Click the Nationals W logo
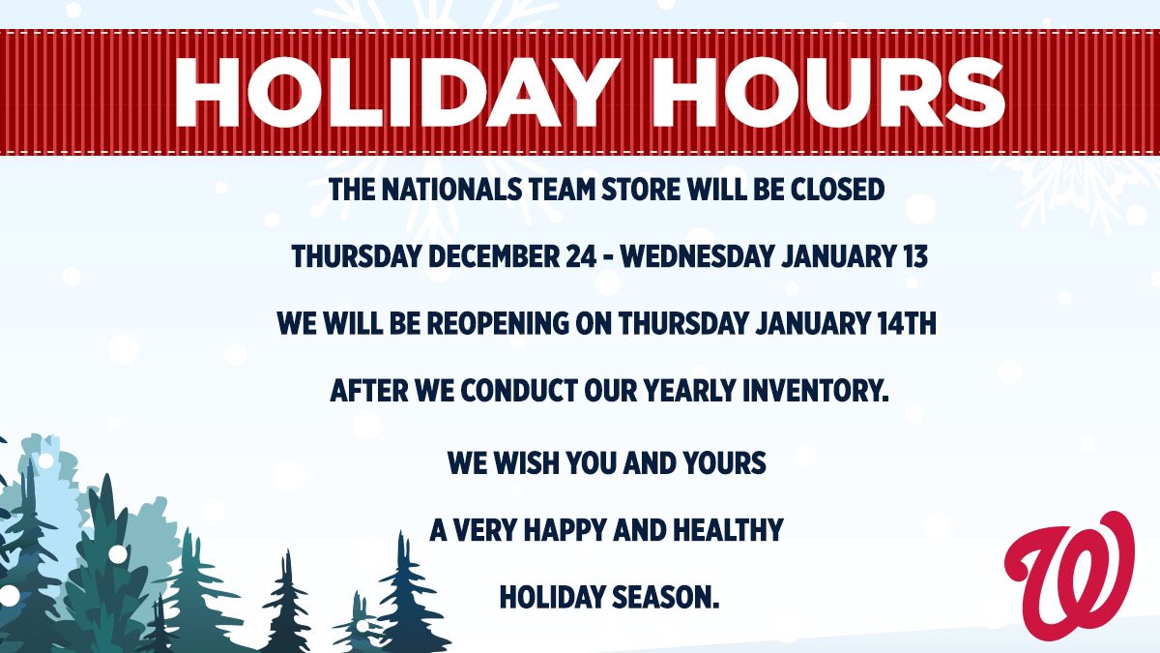(1069, 570)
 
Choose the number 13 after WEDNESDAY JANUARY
(912, 257)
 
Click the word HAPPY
(570, 529)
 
